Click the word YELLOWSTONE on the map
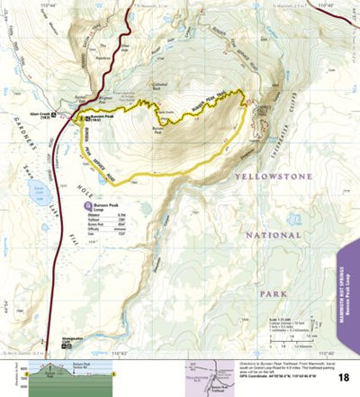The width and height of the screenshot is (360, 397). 275,178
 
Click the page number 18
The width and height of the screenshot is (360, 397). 346,365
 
